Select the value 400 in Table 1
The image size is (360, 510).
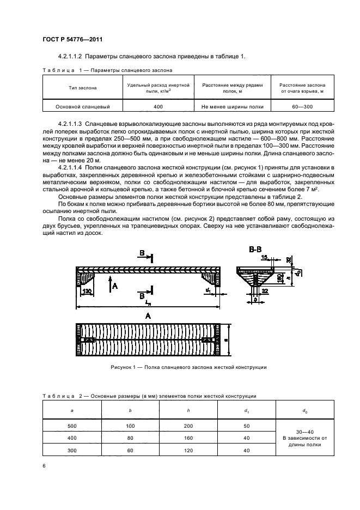[158, 107]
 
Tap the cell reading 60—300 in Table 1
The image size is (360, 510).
[302, 107]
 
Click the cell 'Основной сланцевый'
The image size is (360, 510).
[83, 107]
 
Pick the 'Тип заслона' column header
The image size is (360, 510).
[83, 87]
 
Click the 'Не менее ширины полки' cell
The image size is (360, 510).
[233, 107]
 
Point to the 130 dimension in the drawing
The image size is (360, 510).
[87, 290]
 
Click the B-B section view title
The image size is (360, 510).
[255, 250]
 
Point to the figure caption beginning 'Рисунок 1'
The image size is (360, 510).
[188, 367]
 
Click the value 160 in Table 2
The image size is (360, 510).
[188, 439]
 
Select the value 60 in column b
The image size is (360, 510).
[130, 450]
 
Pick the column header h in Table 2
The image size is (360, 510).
[188, 409]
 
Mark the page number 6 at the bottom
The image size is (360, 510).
[44, 466]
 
